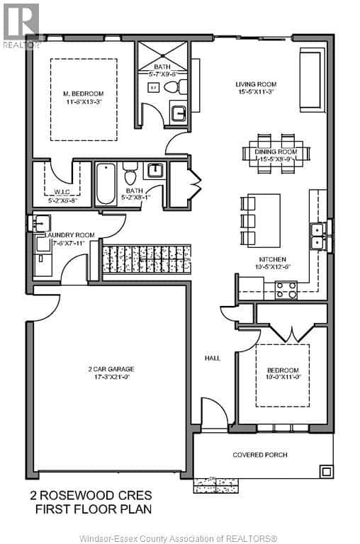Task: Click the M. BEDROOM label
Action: point(83,93)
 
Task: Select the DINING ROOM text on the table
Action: point(276,152)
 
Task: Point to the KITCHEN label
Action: point(273,259)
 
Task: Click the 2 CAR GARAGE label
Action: point(111,369)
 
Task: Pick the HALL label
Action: point(213,358)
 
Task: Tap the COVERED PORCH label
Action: point(260,455)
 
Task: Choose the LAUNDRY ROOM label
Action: point(69,235)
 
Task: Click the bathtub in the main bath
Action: point(106,184)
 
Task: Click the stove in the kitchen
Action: point(286,290)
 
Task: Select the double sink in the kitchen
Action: point(315,236)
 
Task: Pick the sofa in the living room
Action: point(310,79)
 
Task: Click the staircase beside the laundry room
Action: point(147,259)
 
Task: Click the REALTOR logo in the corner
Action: point(21,25)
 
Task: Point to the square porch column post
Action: point(326,470)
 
